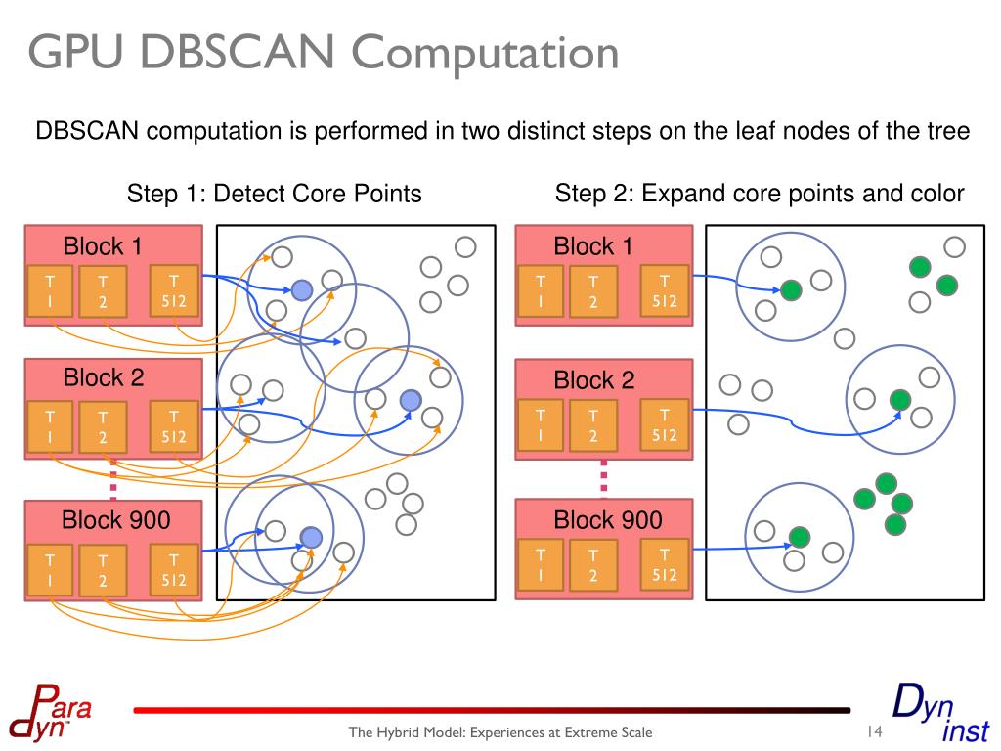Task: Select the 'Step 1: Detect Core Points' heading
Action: point(274,194)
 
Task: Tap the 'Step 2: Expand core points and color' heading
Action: point(760,193)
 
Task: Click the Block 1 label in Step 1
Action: point(103,246)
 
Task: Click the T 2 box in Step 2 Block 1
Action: point(592,291)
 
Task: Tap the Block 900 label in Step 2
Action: point(607,519)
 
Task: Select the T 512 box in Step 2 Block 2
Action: point(665,425)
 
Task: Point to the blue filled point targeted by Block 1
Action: point(302,288)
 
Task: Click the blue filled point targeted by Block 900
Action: point(311,537)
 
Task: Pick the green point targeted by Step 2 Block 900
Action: point(800,536)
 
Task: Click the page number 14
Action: point(874,732)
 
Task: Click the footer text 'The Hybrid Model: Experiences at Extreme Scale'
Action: point(500,733)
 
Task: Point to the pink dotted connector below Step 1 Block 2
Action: point(113,479)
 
